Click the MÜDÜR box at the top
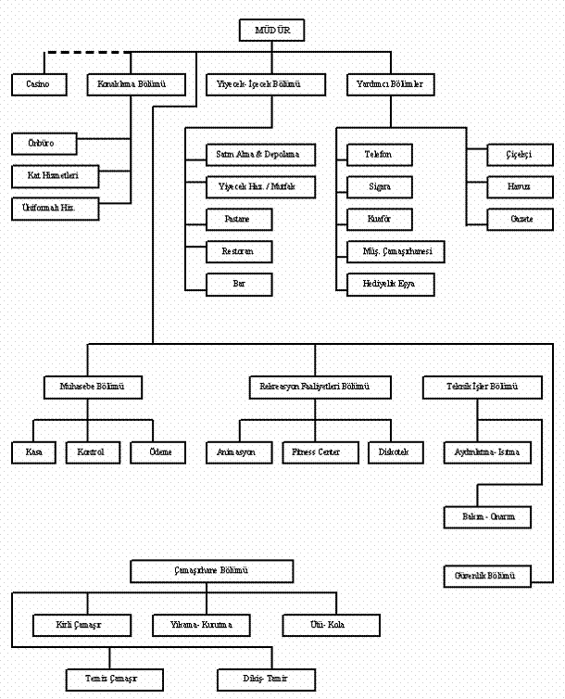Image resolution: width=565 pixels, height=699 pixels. tap(272, 30)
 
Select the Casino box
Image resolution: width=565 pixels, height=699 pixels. tap(39, 84)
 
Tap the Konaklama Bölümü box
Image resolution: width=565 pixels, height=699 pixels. tap(131, 84)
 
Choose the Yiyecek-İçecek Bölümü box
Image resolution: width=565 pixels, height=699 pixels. tap(266, 84)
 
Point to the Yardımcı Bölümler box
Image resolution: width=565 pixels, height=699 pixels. tap(390, 84)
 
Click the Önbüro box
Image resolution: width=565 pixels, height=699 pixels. tap(44, 144)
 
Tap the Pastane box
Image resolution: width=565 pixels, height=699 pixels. tap(239, 219)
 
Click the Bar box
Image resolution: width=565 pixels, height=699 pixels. tap(239, 284)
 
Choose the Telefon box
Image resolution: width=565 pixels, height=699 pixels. tap(379, 154)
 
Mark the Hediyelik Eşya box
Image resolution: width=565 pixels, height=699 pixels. tap(390, 284)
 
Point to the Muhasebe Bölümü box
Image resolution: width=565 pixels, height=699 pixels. tap(93, 387)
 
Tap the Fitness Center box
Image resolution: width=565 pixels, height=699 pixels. tap(319, 451)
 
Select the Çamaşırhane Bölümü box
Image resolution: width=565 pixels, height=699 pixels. tap(212, 571)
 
